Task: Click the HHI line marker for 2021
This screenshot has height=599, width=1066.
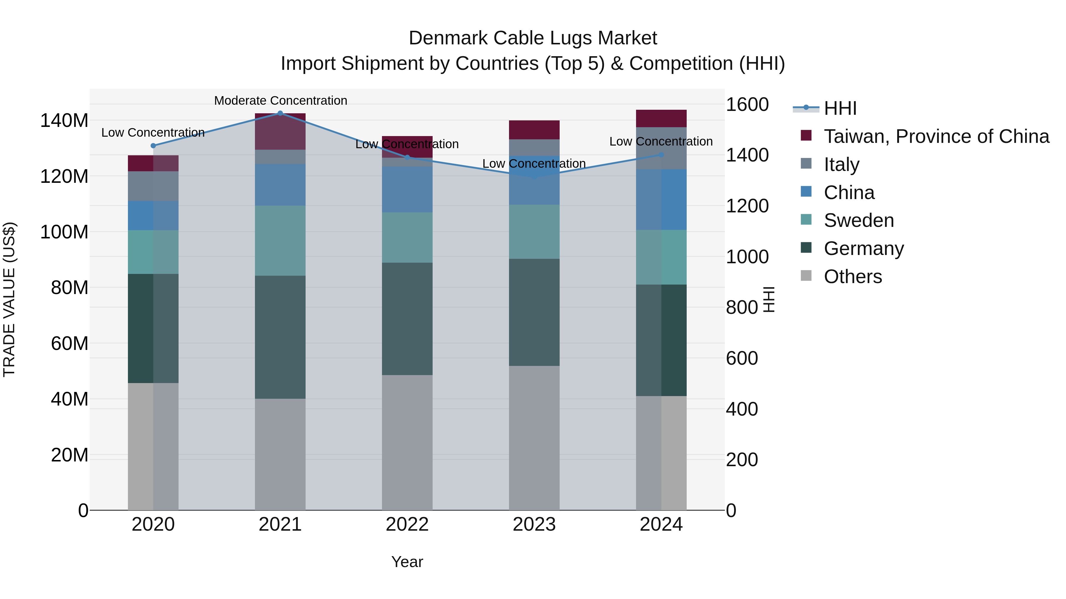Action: (280, 113)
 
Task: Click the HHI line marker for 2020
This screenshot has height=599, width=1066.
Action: (153, 146)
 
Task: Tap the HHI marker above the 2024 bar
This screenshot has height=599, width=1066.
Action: (661, 155)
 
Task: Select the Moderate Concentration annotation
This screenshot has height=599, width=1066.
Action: (281, 101)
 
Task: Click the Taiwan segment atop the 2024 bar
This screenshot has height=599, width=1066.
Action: (661, 119)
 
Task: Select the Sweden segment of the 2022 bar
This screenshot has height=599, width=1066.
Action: (407, 238)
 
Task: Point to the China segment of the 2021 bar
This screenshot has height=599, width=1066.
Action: (280, 185)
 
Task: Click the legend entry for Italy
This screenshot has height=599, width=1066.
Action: (841, 164)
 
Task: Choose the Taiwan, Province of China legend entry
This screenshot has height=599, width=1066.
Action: (936, 136)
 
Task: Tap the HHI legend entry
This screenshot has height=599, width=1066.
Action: (840, 108)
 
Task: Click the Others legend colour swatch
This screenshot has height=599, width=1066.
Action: (806, 275)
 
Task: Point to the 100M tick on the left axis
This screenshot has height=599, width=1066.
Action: (64, 232)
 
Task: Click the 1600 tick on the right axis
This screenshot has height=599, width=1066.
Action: (747, 105)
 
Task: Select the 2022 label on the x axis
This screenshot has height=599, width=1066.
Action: (407, 524)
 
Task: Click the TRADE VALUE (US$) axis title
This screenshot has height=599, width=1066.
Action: (9, 299)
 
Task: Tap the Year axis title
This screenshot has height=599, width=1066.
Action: (407, 562)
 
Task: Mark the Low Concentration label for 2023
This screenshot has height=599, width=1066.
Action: (534, 164)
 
